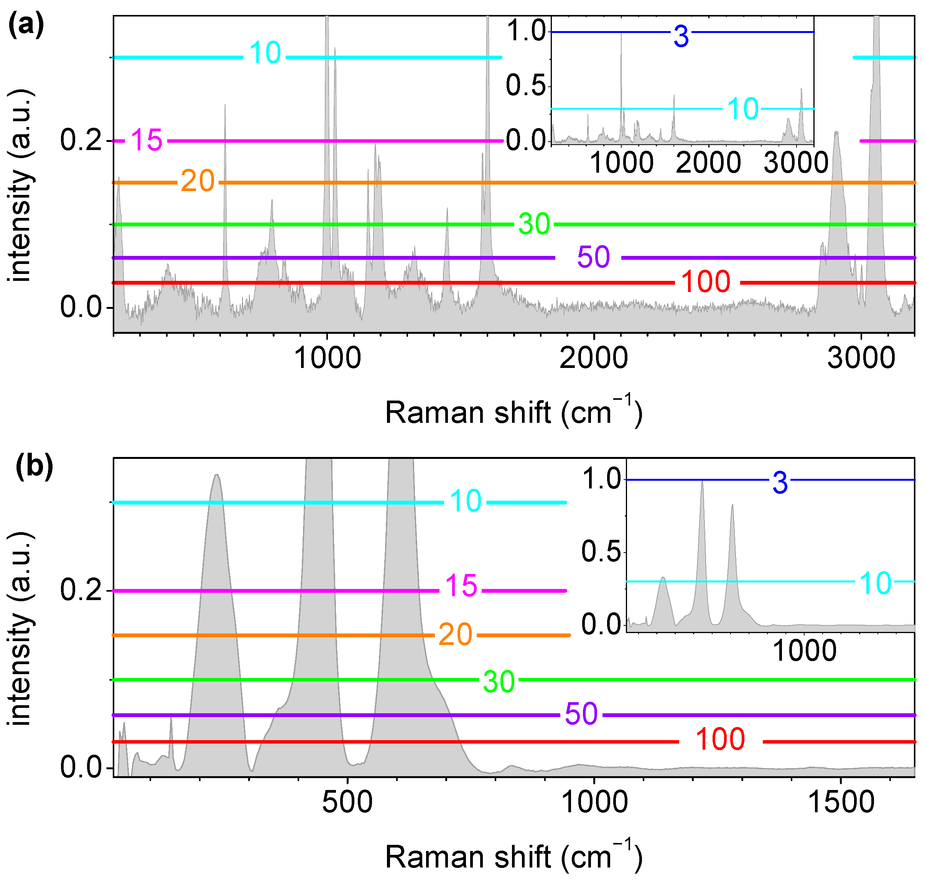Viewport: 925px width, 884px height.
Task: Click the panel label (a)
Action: pyautogui.click(x=26, y=25)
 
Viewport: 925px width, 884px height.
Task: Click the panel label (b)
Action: pyautogui.click(x=34, y=467)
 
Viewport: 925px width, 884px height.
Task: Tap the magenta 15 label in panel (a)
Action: pyautogui.click(x=146, y=140)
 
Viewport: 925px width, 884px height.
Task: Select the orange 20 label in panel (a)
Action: pyautogui.click(x=198, y=181)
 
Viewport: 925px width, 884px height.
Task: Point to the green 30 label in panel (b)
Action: pyautogui.click(x=499, y=682)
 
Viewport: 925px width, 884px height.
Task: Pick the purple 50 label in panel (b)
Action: pyautogui.click(x=581, y=714)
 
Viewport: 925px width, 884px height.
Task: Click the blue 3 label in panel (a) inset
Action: pyautogui.click(x=681, y=37)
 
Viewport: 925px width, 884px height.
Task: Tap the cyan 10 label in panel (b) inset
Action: pyautogui.click(x=875, y=583)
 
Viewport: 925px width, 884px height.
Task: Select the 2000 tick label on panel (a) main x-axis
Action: pyautogui.click(x=593, y=358)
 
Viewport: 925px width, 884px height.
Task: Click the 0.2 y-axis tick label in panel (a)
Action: pyautogui.click(x=81, y=140)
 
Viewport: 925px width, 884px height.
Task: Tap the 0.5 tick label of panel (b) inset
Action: pyautogui.click(x=601, y=551)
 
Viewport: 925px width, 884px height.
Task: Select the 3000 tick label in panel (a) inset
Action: pyautogui.click(x=796, y=163)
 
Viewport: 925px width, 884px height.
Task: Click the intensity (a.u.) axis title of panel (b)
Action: pyautogui.click(x=21, y=629)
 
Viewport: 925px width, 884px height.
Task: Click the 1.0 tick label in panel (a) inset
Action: pyautogui.click(x=526, y=31)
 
